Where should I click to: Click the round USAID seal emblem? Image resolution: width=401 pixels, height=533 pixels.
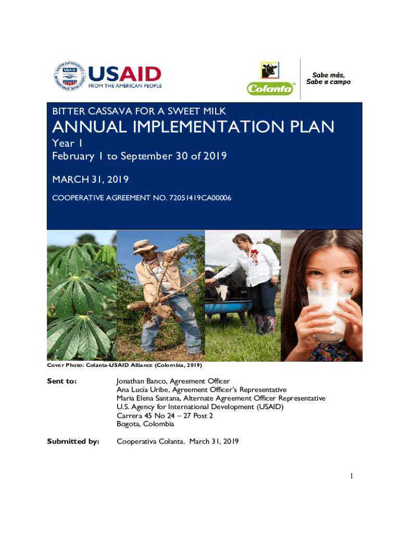click(x=69, y=76)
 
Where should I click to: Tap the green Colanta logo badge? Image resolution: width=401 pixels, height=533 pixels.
click(x=270, y=88)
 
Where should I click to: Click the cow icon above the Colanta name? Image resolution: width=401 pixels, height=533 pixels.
click(x=270, y=70)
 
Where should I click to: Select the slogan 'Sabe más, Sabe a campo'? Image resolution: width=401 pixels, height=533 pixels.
click(x=328, y=79)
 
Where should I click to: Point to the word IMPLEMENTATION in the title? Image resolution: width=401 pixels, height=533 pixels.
click(x=208, y=127)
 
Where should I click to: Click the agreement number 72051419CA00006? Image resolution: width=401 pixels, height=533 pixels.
click(x=200, y=198)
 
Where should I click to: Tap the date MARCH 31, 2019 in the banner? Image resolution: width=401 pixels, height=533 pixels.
click(x=91, y=180)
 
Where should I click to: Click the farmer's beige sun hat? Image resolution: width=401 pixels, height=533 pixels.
click(x=145, y=246)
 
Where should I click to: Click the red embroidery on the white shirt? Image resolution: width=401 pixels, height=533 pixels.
click(x=254, y=256)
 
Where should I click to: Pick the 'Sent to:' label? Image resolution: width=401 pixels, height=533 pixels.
click(x=62, y=381)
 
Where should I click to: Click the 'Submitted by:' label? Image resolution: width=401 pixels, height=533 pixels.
click(x=73, y=441)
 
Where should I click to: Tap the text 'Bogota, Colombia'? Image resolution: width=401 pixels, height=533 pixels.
click(x=145, y=424)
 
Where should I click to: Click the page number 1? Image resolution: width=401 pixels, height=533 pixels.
click(x=352, y=476)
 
